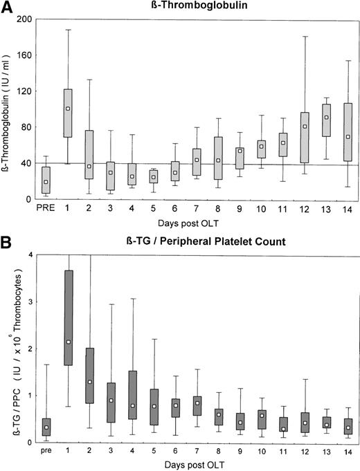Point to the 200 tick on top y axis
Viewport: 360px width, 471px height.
(x=33, y=19)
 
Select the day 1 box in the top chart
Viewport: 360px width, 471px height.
(x=68, y=112)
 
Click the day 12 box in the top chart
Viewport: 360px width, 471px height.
(x=285, y=137)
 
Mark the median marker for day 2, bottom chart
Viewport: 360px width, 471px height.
(x=89, y=382)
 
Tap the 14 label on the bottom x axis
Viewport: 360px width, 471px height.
(x=328, y=451)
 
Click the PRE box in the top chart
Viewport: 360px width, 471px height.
(x=46, y=180)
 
